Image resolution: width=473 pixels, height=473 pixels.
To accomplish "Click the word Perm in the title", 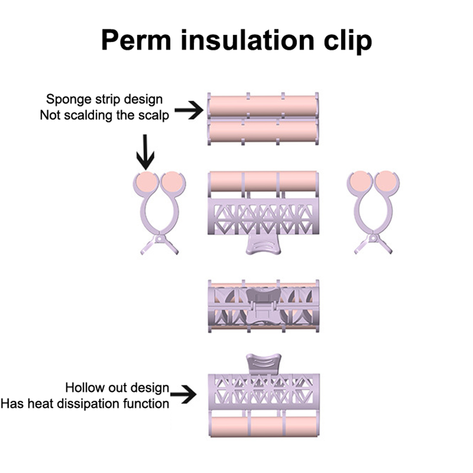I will point(136,41).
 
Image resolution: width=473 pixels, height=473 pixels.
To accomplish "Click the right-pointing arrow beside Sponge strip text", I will point(189,110).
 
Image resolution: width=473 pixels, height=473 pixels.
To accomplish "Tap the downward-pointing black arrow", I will point(145,151).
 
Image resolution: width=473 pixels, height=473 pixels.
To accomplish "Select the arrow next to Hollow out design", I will point(183,394).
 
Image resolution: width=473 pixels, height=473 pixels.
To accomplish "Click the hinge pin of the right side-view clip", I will point(373,238).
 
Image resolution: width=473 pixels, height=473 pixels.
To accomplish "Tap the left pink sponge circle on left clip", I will point(147,181).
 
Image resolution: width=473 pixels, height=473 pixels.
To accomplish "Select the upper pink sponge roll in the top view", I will point(263,105).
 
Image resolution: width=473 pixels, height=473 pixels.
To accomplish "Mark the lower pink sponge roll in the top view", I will point(263,131).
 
